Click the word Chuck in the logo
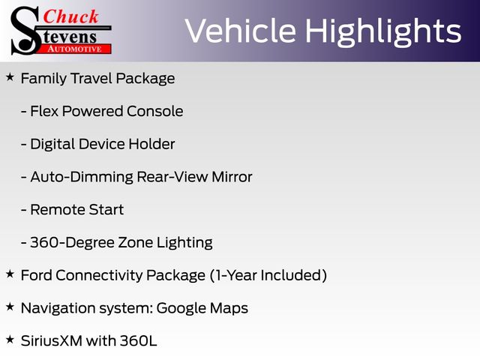tap(70, 16)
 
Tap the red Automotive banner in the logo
tap(76, 49)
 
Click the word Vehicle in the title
tap(240, 31)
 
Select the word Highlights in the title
tap(383, 32)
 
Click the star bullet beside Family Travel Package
tap(10, 76)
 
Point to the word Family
tap(43, 79)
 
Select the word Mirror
tap(232, 177)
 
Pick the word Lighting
tap(184, 243)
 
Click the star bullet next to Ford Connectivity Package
tap(10, 274)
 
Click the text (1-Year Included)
tap(268, 275)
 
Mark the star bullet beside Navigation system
tap(10, 307)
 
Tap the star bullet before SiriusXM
tap(10, 339)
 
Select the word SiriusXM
tap(52, 340)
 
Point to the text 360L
tap(138, 340)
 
